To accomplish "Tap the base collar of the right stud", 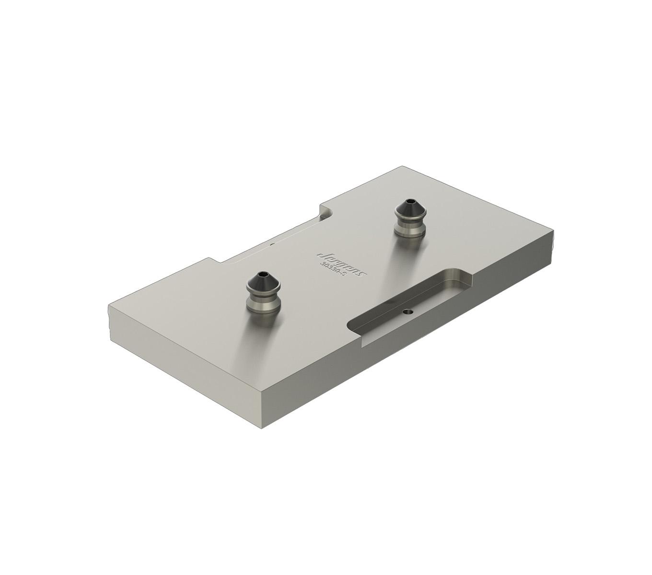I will click(x=410, y=230).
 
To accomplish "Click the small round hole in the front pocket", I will click(x=408, y=311).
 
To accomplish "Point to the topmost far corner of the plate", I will click(x=402, y=167).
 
